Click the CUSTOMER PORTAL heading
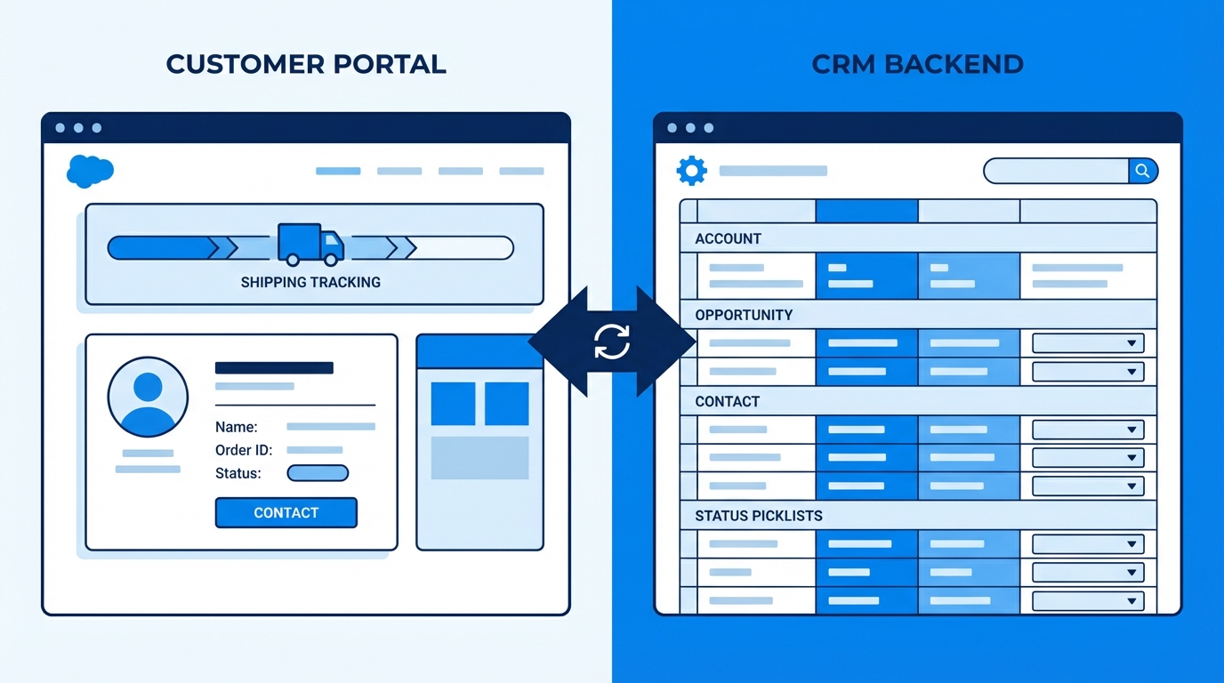(x=306, y=64)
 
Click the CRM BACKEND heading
(x=917, y=64)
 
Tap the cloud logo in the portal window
(x=90, y=170)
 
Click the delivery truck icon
(x=310, y=245)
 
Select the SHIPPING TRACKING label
(x=310, y=283)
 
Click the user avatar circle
(x=148, y=398)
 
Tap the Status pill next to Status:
(x=318, y=473)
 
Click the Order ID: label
(x=244, y=450)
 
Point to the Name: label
(x=237, y=427)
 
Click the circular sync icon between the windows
(x=612, y=341)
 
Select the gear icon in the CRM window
(x=691, y=170)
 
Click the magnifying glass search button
(x=1142, y=170)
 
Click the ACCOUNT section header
(x=729, y=238)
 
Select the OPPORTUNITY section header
(x=744, y=315)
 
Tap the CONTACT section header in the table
(x=728, y=401)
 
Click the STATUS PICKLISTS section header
(x=759, y=516)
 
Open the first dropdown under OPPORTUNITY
(x=1088, y=343)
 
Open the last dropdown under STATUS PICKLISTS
(x=1088, y=601)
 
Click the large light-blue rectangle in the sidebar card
(x=479, y=458)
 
